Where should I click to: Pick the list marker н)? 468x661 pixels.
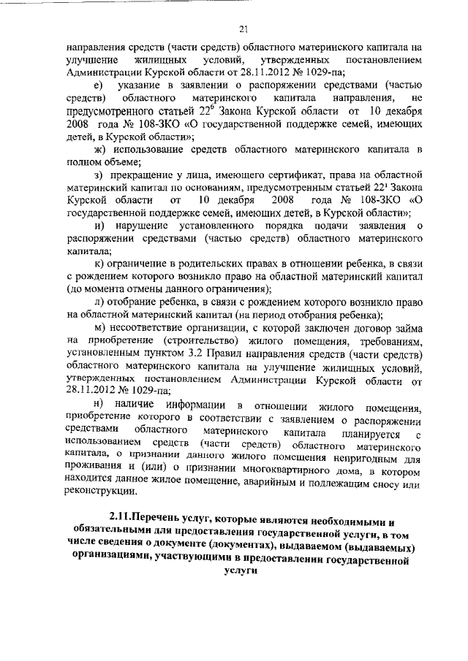[x=99, y=405]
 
